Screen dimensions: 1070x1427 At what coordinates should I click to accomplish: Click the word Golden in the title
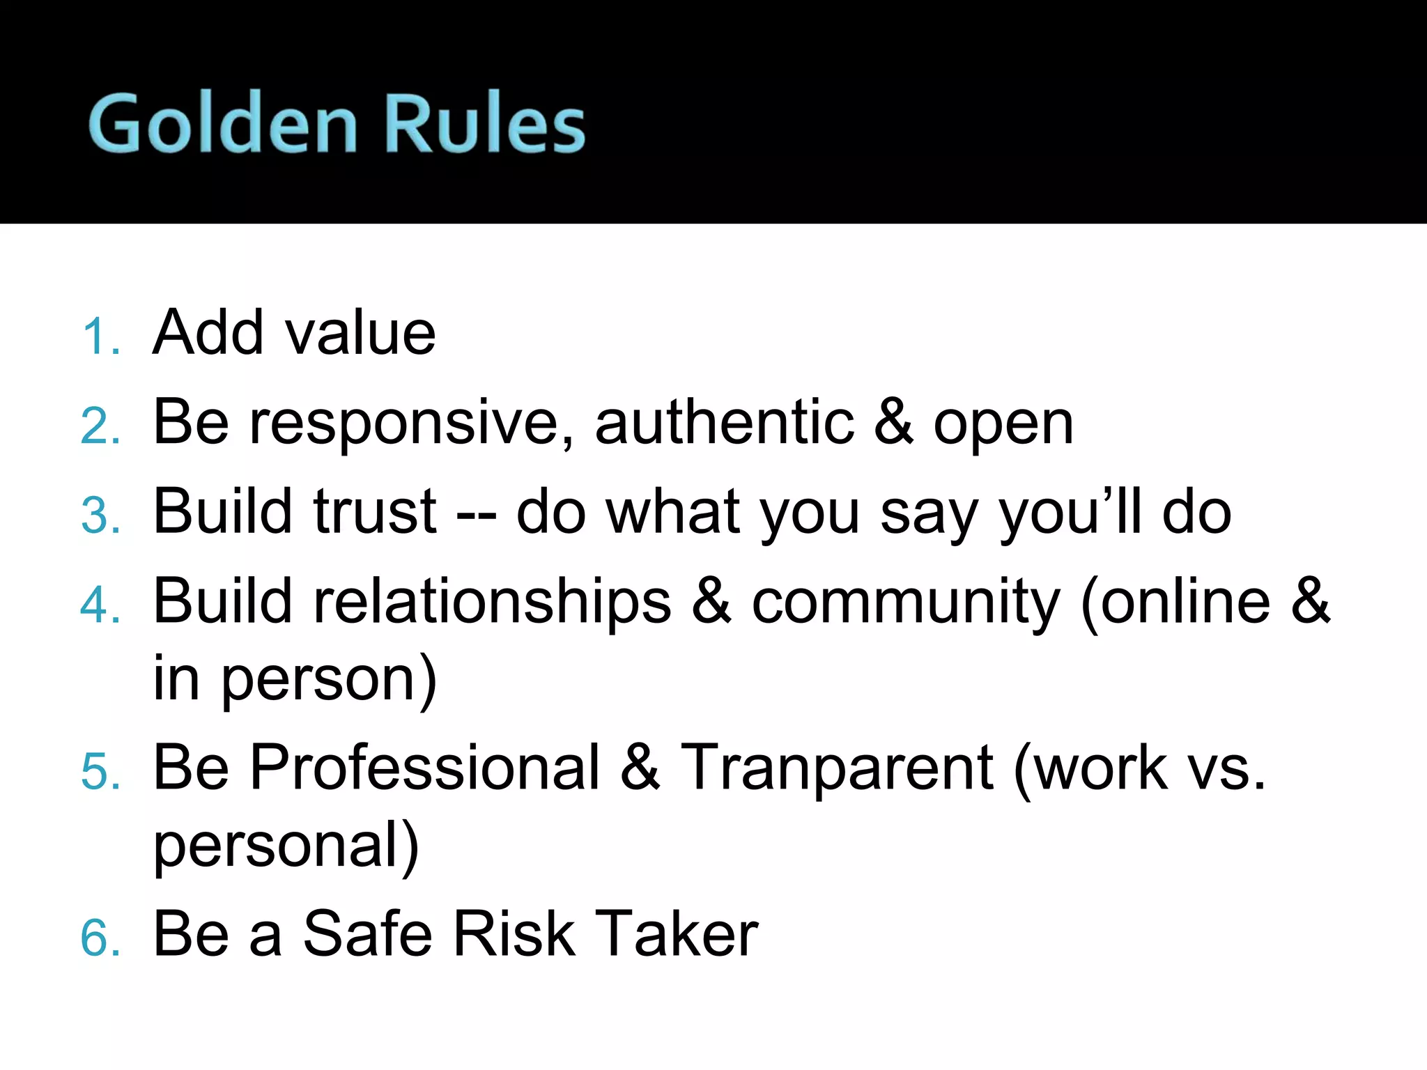click(x=223, y=123)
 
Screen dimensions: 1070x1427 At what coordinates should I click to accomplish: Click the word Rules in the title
click(x=484, y=123)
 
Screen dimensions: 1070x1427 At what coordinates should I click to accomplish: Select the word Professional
click(x=425, y=768)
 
